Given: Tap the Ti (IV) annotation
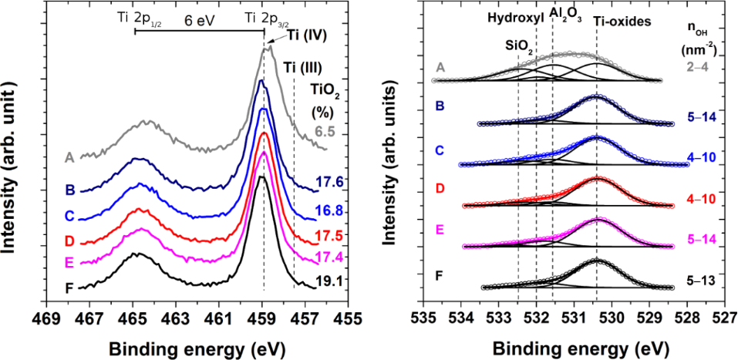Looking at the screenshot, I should pos(305,36).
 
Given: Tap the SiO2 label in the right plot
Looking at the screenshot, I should pos(519,47).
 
